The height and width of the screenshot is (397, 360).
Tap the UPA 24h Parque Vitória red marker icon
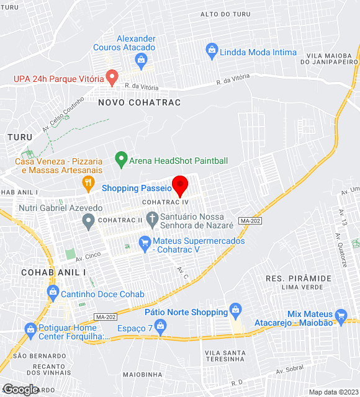tap(112, 78)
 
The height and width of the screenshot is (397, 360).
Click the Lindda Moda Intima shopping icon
tap(211, 49)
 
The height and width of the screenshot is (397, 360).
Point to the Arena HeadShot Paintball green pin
tap(120, 159)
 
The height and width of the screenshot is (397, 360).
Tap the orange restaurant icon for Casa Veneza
tap(88, 182)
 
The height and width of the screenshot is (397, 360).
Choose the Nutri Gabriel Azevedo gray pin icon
tap(89, 220)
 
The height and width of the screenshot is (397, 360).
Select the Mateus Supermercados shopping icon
tap(145, 241)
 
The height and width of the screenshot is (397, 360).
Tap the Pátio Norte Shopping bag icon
tap(235, 309)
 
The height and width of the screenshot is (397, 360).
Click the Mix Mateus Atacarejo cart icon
tap(340, 315)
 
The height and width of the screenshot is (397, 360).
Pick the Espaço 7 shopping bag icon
tap(161, 325)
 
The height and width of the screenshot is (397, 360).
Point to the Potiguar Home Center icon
tap(30, 328)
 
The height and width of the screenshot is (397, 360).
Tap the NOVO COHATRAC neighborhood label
tap(139, 102)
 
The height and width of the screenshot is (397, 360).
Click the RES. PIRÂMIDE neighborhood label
tap(298, 278)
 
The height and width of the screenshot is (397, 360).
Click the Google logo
tap(20, 389)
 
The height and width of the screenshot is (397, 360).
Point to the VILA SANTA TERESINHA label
tap(225, 356)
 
